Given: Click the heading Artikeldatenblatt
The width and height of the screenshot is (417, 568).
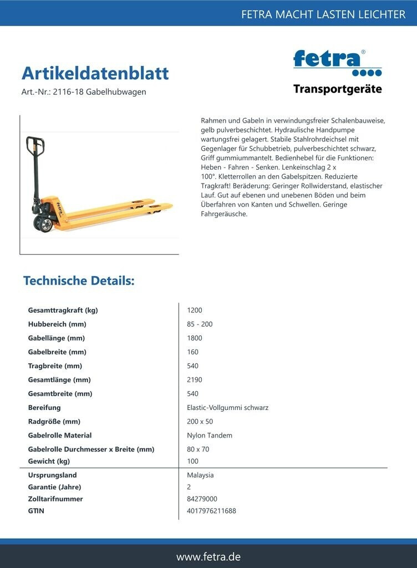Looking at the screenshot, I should click(95, 73).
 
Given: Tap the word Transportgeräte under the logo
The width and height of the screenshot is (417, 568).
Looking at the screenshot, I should click(337, 89).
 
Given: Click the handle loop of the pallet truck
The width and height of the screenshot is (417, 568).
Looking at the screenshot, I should click(35, 146).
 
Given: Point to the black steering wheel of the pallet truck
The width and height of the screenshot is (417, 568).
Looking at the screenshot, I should click(44, 224).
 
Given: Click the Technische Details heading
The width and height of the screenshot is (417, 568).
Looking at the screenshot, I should click(79, 281).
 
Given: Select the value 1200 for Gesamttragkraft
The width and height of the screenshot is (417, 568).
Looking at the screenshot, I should click(195, 310).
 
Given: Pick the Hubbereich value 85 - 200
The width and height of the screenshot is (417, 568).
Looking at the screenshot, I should click(200, 324).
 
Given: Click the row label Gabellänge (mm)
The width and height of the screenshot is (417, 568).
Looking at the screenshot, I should click(56, 338).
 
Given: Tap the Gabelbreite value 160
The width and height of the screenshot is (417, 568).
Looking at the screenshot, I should click(193, 352).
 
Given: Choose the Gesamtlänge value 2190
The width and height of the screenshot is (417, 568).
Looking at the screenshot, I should click(195, 380).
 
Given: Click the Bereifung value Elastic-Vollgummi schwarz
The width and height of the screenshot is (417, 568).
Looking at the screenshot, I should click(227, 408).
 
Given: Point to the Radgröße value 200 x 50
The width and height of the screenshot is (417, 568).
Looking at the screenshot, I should click(200, 422).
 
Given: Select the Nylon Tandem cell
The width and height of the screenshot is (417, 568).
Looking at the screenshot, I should click(210, 435).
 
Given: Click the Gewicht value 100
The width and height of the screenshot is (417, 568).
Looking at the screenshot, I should click(193, 461).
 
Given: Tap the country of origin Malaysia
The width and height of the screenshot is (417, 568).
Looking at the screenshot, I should click(200, 475).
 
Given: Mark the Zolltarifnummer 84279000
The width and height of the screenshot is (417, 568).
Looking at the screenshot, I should click(202, 499).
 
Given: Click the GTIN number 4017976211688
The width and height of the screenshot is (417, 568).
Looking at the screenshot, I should click(211, 511).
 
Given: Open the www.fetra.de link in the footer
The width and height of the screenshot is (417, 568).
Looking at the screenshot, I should click(208, 557).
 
